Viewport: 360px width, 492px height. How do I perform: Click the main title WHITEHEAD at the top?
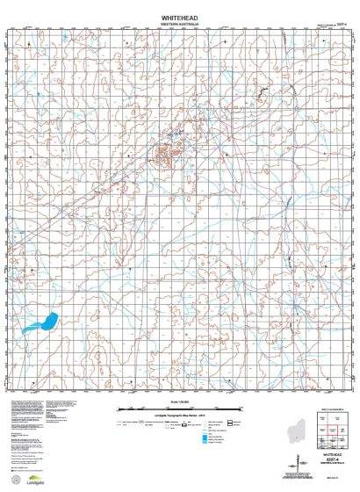tap(179, 17)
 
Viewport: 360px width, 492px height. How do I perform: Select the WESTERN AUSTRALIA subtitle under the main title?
tap(179, 24)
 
